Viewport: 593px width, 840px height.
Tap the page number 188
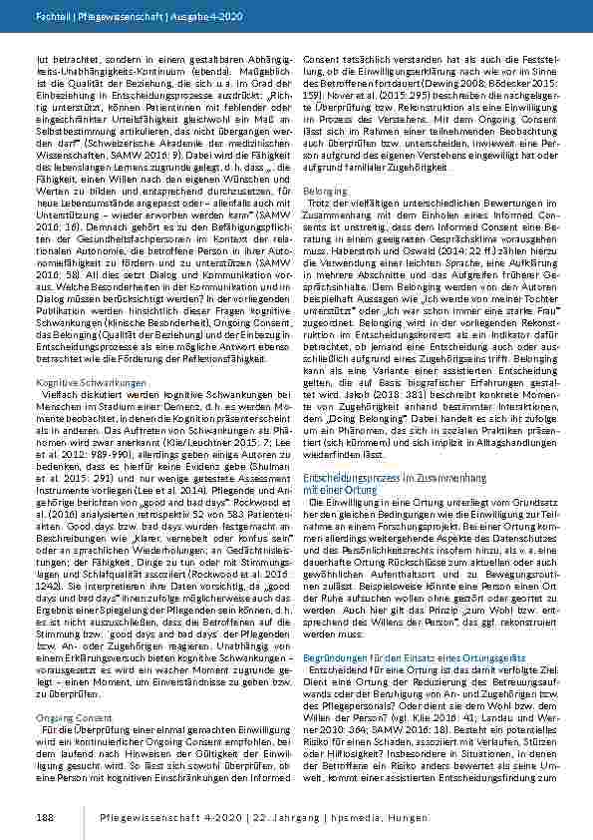[x=44, y=817]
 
